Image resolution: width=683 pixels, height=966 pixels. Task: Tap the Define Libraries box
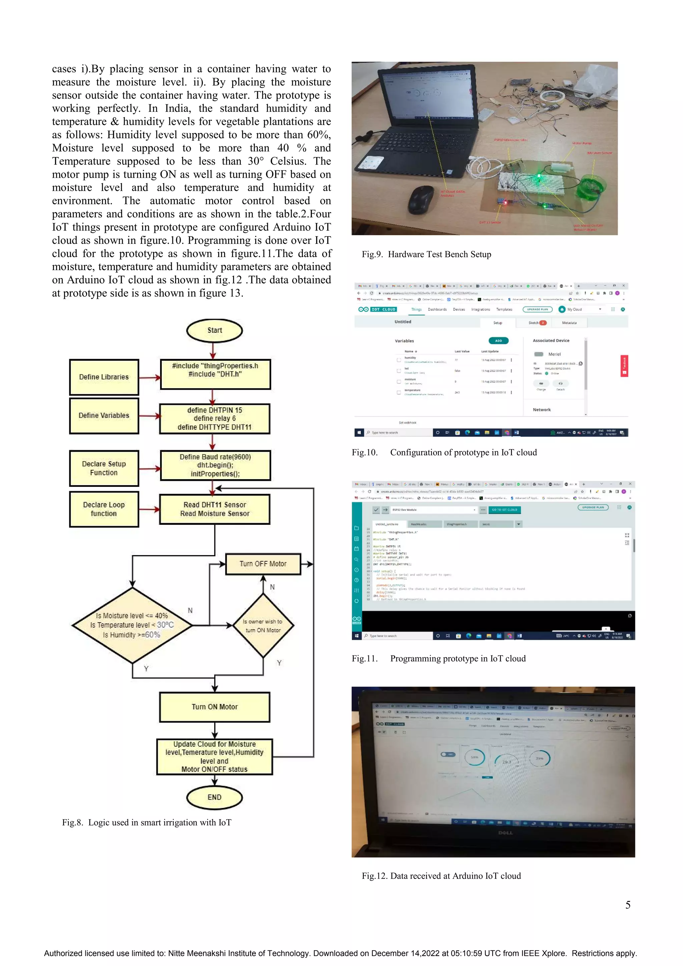point(104,377)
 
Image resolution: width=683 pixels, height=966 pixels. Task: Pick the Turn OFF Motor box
point(263,564)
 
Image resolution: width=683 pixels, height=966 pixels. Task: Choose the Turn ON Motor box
point(215,707)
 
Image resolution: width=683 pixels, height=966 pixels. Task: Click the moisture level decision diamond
point(132,625)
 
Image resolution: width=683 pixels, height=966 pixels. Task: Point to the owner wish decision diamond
point(263,626)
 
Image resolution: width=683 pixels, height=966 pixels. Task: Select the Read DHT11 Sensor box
point(215,509)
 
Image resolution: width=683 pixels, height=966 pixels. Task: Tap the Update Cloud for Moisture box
point(215,757)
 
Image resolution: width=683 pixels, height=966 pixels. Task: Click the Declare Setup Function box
point(104,468)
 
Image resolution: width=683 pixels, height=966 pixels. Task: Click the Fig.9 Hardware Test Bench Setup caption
point(426,254)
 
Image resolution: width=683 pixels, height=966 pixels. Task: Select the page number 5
point(627,905)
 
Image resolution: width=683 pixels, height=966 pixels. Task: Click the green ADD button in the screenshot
point(498,341)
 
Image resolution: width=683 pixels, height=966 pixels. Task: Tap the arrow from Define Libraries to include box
point(149,377)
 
